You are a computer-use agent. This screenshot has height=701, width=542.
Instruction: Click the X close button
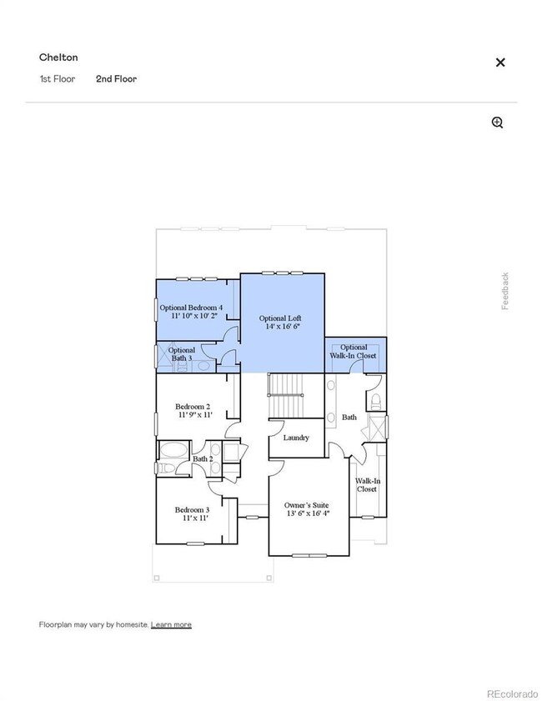(x=500, y=63)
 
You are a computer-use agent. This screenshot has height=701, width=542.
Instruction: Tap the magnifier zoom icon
(x=498, y=123)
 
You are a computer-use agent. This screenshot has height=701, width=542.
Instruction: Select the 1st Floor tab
(x=57, y=79)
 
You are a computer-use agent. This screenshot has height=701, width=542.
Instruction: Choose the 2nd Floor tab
(x=116, y=79)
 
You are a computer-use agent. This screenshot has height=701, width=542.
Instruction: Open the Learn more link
(x=171, y=624)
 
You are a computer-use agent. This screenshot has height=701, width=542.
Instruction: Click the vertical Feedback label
(x=504, y=291)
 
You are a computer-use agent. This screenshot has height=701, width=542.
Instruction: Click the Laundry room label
(x=296, y=438)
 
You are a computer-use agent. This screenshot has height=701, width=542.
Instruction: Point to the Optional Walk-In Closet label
(x=354, y=352)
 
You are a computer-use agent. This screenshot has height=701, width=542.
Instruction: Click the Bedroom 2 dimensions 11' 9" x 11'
(x=193, y=414)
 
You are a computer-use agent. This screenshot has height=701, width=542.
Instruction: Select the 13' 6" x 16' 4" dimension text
(x=308, y=514)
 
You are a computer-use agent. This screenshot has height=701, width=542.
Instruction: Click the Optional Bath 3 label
(x=182, y=354)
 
